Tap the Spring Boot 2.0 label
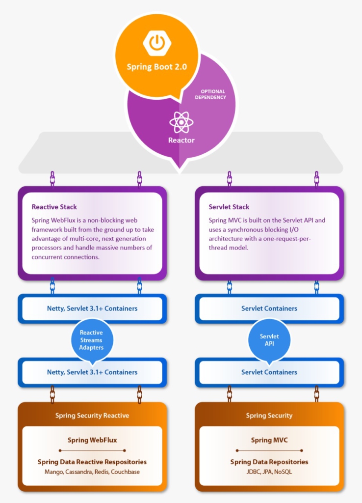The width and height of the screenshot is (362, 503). click(156, 67)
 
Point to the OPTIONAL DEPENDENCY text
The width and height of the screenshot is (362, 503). click(213, 94)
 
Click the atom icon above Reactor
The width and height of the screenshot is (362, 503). click(181, 122)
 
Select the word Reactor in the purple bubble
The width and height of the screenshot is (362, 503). click(181, 140)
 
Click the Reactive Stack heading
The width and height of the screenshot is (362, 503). click(54, 207)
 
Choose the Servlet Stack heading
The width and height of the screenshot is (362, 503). click(229, 207)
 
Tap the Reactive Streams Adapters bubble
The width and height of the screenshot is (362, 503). click(92, 340)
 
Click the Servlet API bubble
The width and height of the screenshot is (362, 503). click(269, 340)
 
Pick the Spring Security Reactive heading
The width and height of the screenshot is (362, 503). click(92, 416)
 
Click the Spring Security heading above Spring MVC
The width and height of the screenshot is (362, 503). click(269, 416)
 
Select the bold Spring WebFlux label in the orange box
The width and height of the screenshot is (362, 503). click(92, 440)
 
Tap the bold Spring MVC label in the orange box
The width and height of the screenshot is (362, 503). click(269, 440)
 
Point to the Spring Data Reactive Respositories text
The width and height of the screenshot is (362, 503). click(92, 462)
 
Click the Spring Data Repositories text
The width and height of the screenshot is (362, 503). click(269, 462)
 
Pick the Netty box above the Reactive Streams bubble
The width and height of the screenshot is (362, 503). click(92, 308)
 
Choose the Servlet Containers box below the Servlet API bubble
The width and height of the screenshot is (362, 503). click(269, 372)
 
